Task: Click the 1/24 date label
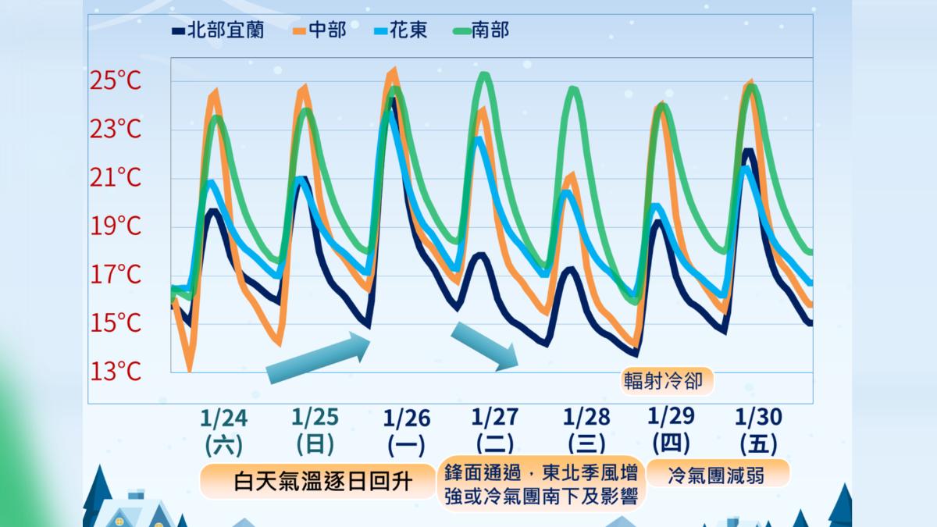[224, 417]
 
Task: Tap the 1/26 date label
[406, 417]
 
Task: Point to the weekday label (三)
[586, 444]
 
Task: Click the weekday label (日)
[315, 444]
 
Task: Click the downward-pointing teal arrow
[486, 344]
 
